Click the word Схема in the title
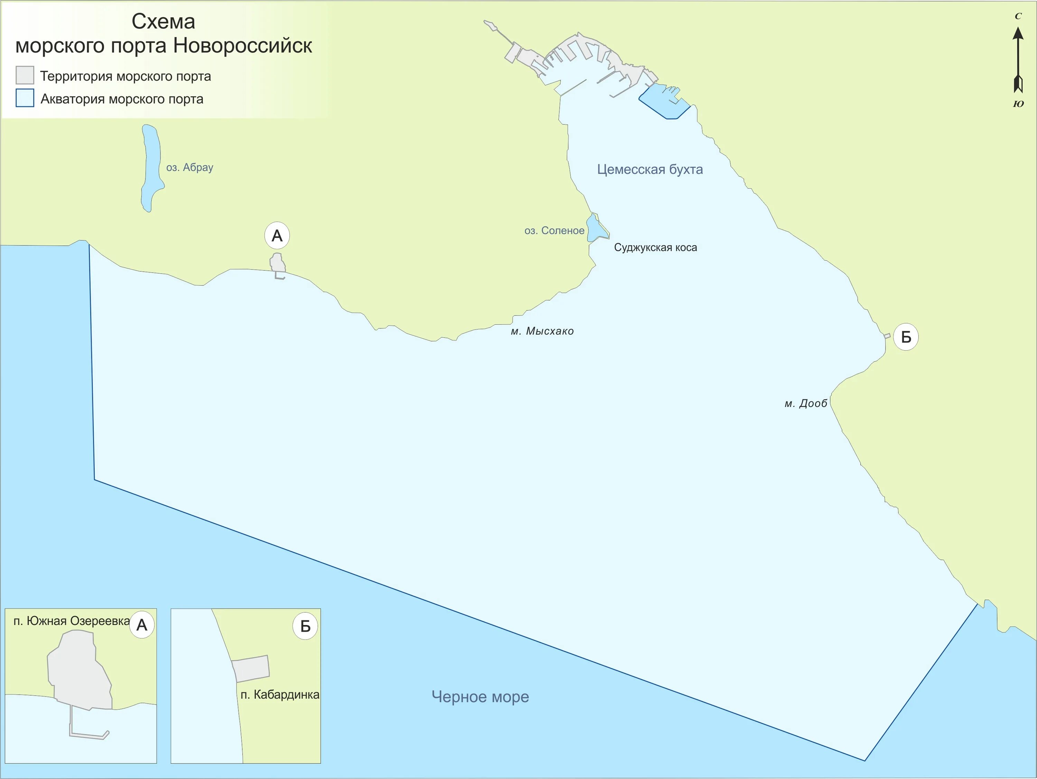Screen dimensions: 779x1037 [x=163, y=21]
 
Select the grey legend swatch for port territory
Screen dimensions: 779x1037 [x=25, y=75]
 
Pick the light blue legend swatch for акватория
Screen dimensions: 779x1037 [x=25, y=98]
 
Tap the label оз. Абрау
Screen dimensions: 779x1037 [x=189, y=167]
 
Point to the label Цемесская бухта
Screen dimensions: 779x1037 [x=650, y=170]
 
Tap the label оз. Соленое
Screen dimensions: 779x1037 [x=554, y=230]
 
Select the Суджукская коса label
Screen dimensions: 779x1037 [x=655, y=247]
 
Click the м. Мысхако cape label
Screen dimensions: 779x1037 [x=542, y=331]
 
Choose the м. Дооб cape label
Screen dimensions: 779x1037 [x=806, y=404]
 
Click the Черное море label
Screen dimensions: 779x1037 [x=480, y=697]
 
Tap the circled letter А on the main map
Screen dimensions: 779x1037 [x=277, y=236]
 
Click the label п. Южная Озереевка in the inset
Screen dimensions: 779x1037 [x=71, y=621]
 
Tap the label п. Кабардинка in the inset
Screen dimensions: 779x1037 [x=280, y=695]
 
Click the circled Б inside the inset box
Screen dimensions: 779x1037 [x=305, y=626]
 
